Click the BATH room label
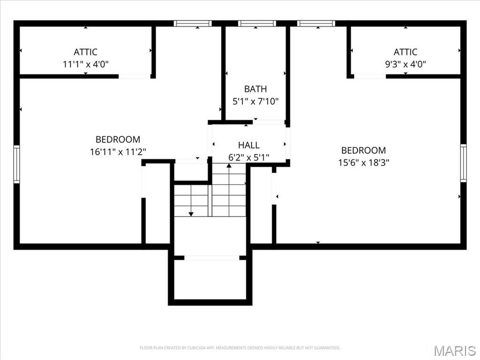255,89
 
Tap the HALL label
248,145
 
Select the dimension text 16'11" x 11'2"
118,151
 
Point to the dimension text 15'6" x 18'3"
363,163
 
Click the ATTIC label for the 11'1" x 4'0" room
85,52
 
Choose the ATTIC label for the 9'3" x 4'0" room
405,52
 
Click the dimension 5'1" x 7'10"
255,101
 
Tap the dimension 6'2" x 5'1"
248,157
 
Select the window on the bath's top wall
257,23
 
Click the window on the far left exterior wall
16,164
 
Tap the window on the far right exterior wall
463,163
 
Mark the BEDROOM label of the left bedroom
118,139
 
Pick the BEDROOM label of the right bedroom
363,150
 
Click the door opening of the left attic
135,76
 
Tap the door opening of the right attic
370,76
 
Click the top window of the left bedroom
193,23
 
